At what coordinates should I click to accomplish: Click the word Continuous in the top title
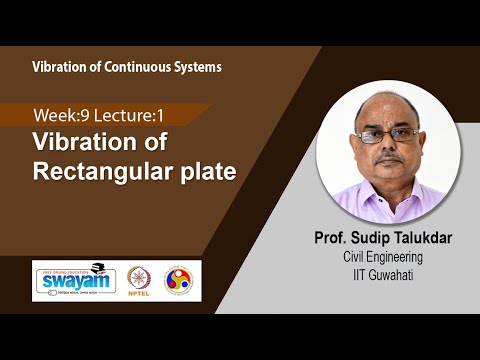133,67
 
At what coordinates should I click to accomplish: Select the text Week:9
58,116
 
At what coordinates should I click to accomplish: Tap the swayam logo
73,279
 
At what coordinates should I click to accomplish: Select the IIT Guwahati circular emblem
180,279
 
